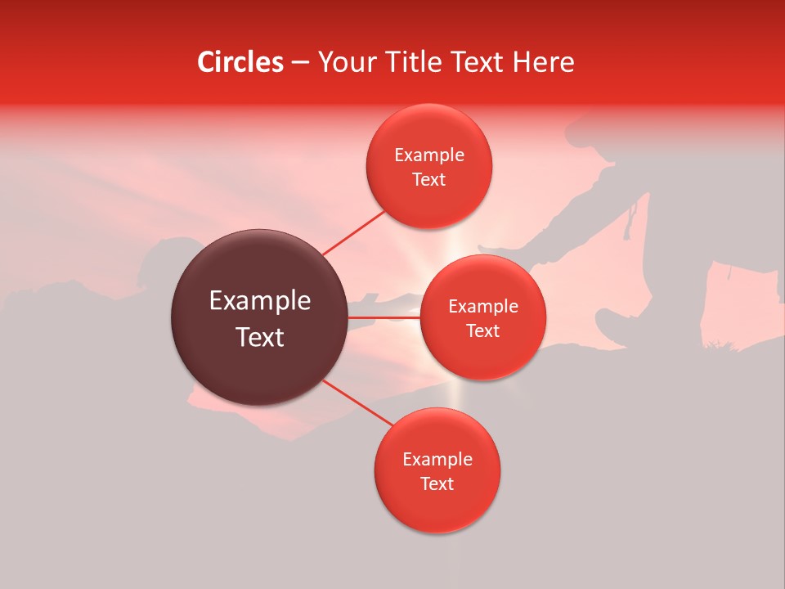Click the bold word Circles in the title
click(240, 62)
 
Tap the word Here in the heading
click(545, 62)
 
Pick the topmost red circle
click(428, 166)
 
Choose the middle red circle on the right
click(482, 317)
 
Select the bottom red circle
click(437, 470)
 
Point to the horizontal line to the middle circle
click(384, 317)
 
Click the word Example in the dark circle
click(260, 301)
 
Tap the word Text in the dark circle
click(260, 337)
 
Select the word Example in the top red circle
click(428, 155)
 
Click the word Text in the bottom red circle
click(437, 483)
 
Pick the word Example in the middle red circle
click(482, 307)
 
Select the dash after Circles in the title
click(300, 63)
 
